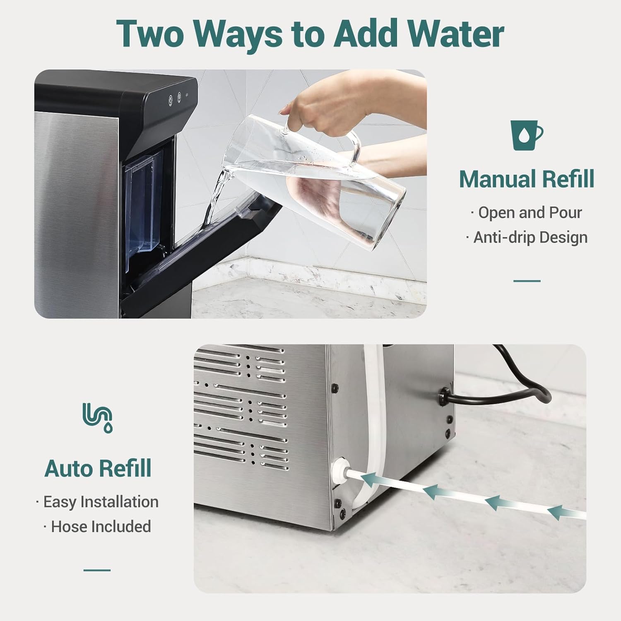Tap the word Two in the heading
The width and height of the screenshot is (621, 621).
click(x=150, y=34)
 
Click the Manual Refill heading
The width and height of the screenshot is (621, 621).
click(x=527, y=179)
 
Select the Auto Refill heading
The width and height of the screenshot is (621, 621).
click(x=98, y=469)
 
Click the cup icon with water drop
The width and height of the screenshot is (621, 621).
click(x=526, y=135)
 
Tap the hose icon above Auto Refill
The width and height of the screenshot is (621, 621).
click(x=98, y=417)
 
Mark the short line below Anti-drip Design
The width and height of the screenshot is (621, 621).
click(x=527, y=281)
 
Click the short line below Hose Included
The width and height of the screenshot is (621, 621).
click(x=97, y=570)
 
